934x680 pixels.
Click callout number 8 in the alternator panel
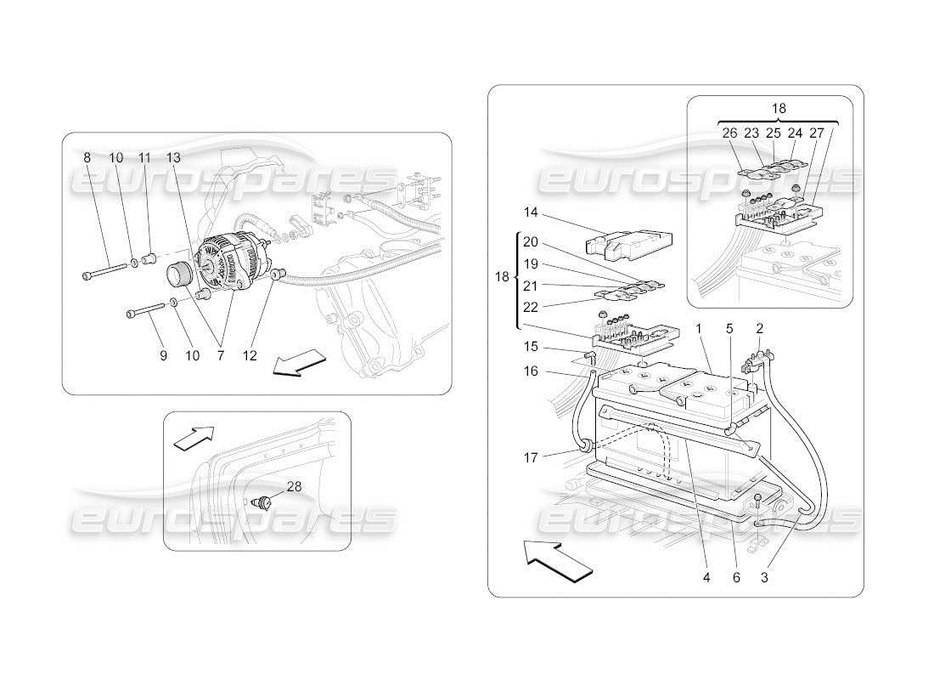pyautogui.click(x=87, y=158)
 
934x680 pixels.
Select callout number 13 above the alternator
pyautogui.click(x=173, y=158)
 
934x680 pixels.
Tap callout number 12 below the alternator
pyautogui.click(x=249, y=356)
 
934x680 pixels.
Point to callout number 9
pyautogui.click(x=163, y=356)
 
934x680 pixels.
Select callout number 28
pyautogui.click(x=294, y=486)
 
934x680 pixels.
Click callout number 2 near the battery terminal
pyautogui.click(x=759, y=328)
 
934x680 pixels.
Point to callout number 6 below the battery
pyautogui.click(x=736, y=577)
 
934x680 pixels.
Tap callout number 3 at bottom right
pyautogui.click(x=765, y=577)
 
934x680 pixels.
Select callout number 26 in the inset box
pyautogui.click(x=730, y=133)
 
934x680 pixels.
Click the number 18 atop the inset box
pyautogui.click(x=779, y=109)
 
